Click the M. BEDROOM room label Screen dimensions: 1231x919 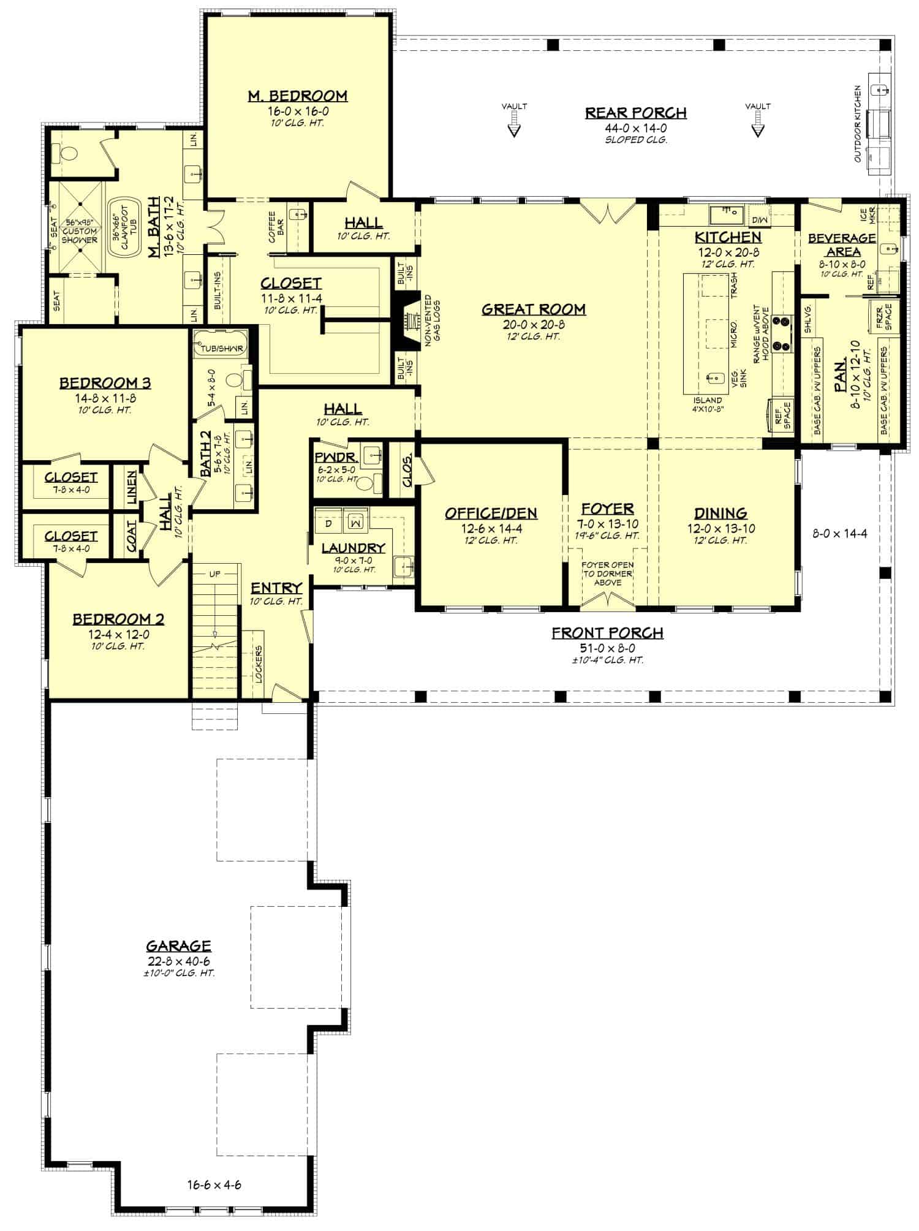pos(297,96)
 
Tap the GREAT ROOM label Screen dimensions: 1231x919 pos(533,309)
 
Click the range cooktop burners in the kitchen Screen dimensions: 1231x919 pos(782,333)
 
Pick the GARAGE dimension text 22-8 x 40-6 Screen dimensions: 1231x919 pos(178,961)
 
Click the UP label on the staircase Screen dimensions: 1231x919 pos(214,575)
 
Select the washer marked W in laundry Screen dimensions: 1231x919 pos(354,523)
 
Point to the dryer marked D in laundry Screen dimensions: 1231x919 pos(328,523)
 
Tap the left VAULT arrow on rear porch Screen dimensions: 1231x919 pos(514,126)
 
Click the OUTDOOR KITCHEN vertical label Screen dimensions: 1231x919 pos(858,124)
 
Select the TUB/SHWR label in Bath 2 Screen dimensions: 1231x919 pos(221,349)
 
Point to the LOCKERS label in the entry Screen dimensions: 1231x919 pos(259,664)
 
